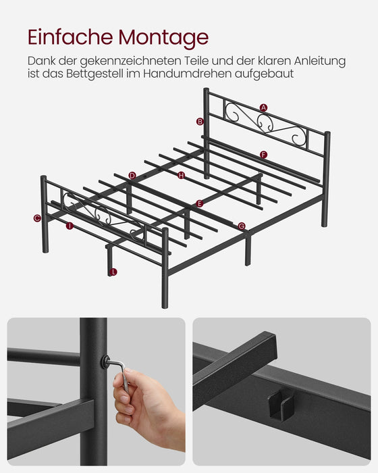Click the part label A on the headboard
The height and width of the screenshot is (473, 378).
(x=263, y=107)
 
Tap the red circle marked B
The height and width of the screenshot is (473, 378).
(x=200, y=122)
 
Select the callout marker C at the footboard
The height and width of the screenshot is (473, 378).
(x=37, y=218)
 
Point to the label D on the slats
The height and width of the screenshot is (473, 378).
(x=132, y=176)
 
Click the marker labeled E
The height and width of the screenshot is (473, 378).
(x=199, y=203)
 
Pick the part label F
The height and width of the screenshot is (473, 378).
(x=263, y=155)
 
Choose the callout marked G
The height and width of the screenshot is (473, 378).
(x=242, y=226)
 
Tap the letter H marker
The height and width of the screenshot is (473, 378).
(x=181, y=176)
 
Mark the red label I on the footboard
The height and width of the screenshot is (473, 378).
(x=70, y=226)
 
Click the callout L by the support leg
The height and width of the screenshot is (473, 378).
(x=113, y=272)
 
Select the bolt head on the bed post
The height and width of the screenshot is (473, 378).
(x=105, y=362)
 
